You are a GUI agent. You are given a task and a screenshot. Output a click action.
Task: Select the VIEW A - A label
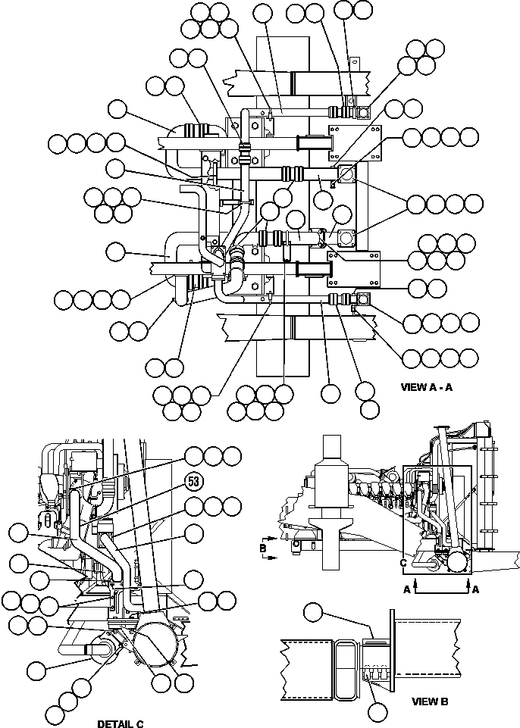click(x=427, y=386)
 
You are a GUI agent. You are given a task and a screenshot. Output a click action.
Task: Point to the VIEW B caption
click(x=430, y=701)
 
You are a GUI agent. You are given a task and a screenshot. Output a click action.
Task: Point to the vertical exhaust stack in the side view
click(x=331, y=500)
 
